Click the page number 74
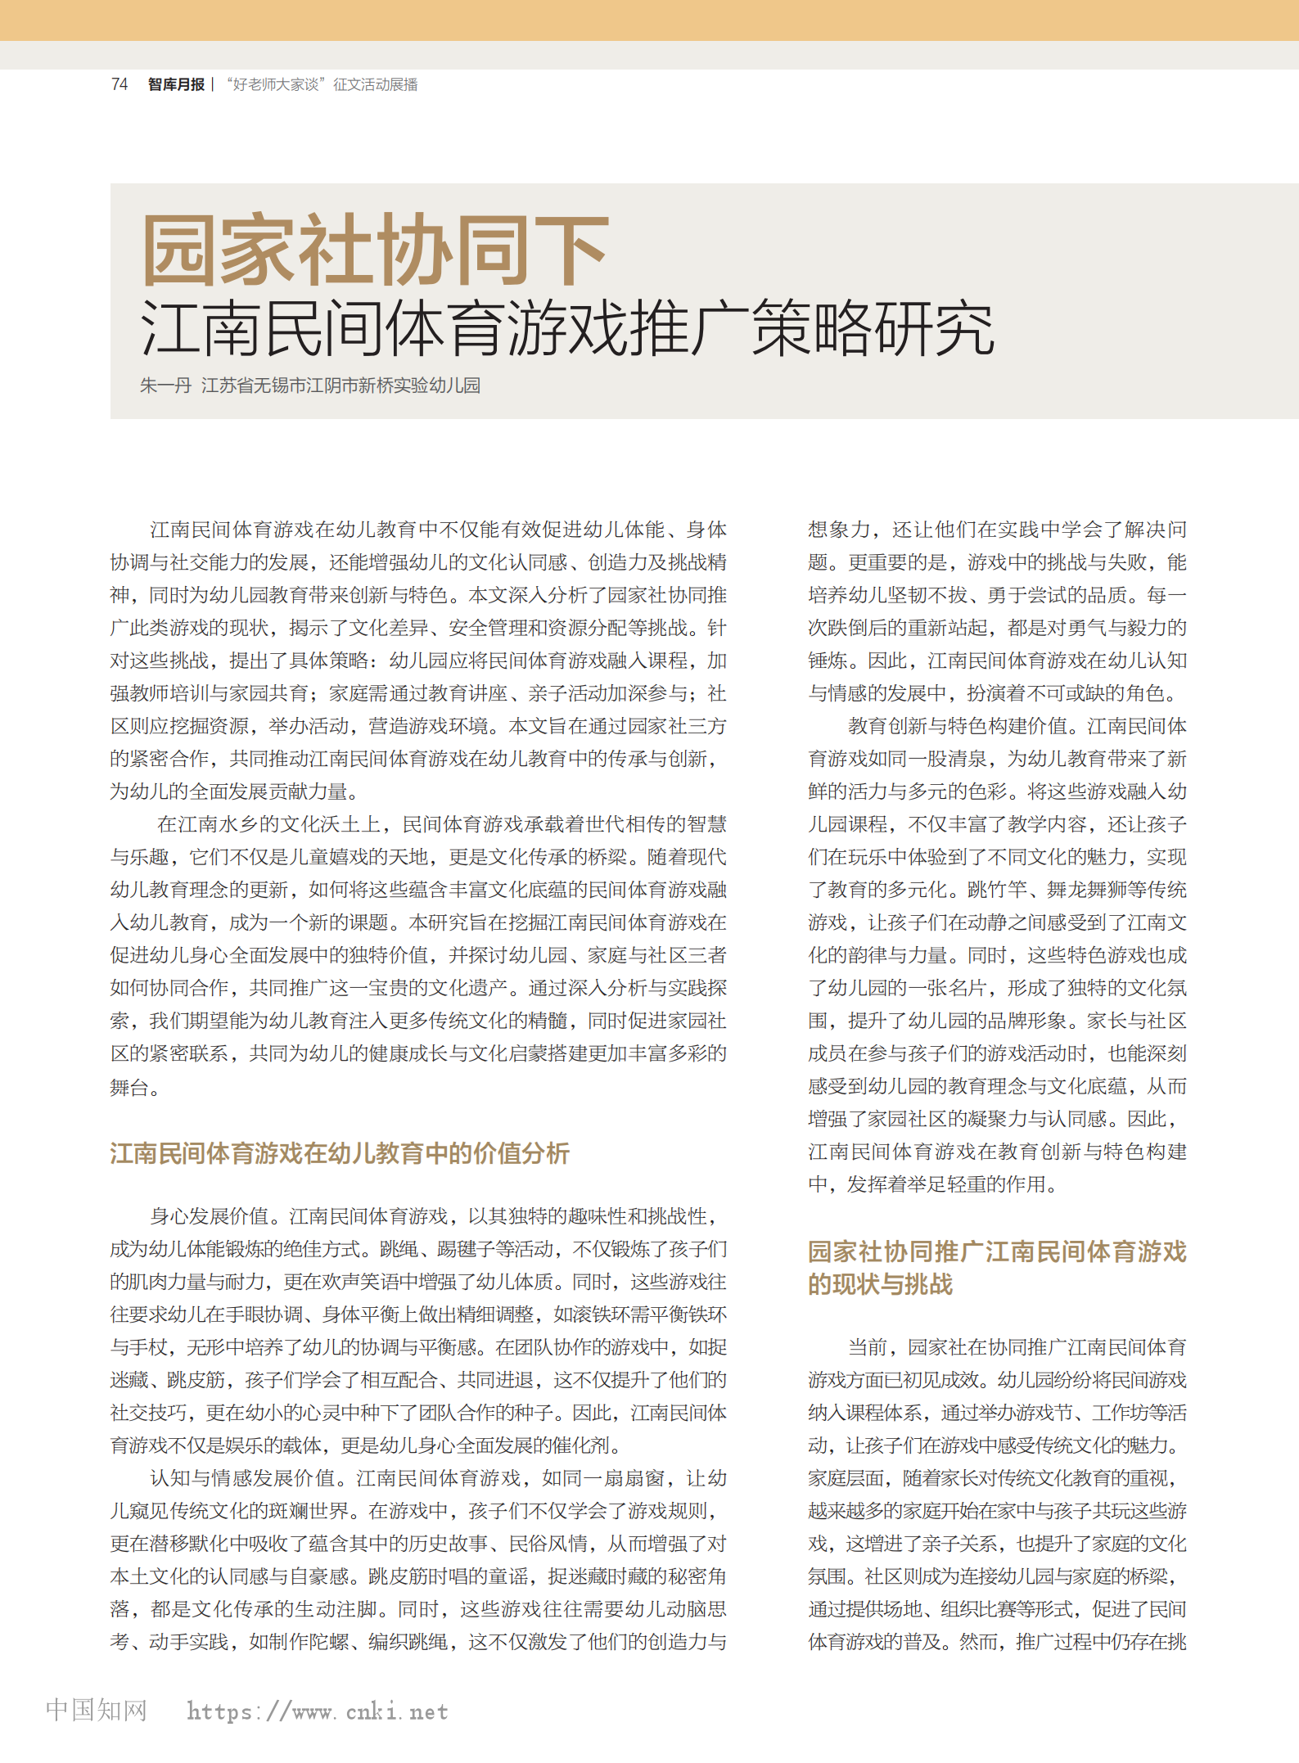[120, 84]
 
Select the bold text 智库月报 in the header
[176, 84]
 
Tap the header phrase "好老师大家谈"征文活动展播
[322, 84]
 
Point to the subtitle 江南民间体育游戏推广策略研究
[567, 328]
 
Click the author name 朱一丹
[165, 386]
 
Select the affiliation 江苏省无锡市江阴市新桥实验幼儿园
[341, 386]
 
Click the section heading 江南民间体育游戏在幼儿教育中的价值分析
[340, 1153]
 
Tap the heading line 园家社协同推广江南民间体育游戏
[997, 1251]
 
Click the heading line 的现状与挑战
[880, 1284]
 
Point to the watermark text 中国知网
[97, 1710]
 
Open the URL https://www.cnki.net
[318, 1711]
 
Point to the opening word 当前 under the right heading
[868, 1347]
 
